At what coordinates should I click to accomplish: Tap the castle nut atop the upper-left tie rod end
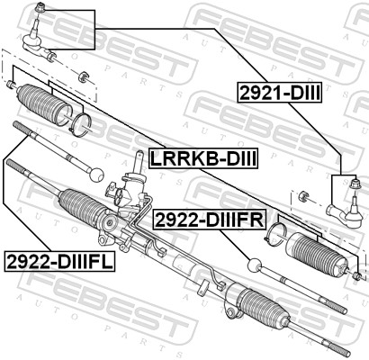click(40, 8)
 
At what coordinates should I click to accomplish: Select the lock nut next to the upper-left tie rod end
click(83, 74)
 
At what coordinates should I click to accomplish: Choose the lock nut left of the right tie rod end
click(303, 194)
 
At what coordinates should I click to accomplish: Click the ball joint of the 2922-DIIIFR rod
click(256, 265)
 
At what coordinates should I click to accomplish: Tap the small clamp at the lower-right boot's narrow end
click(356, 274)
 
